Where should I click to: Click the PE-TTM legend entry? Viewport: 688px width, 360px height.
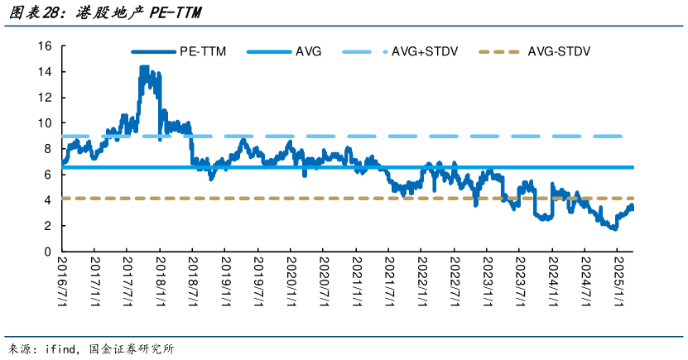coord(179,52)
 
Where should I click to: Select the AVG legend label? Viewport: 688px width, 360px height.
coord(308,52)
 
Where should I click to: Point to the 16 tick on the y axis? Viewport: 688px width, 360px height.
coord(45,46)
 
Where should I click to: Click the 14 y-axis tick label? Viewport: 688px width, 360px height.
coord(45,71)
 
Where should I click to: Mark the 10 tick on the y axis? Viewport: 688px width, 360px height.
coord(45,123)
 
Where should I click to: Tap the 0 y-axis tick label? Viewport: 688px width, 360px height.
coord(48,252)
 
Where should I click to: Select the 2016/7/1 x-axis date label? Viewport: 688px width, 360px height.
coord(62,281)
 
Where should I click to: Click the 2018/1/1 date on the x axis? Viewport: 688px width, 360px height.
coord(160,281)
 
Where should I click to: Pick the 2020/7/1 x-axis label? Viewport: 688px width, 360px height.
coord(324,281)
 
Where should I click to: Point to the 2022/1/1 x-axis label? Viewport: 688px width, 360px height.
coord(421,281)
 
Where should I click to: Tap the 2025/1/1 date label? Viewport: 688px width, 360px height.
coord(618,281)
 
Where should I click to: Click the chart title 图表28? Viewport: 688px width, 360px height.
coord(34,12)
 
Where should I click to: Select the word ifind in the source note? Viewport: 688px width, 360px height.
coord(60,349)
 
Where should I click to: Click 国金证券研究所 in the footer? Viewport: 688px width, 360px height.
coord(131,349)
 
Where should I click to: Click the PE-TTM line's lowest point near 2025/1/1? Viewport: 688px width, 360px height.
coord(614,228)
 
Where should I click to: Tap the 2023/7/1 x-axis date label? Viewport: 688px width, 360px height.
coord(520,281)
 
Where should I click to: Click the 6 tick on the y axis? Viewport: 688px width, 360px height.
coord(48,175)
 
